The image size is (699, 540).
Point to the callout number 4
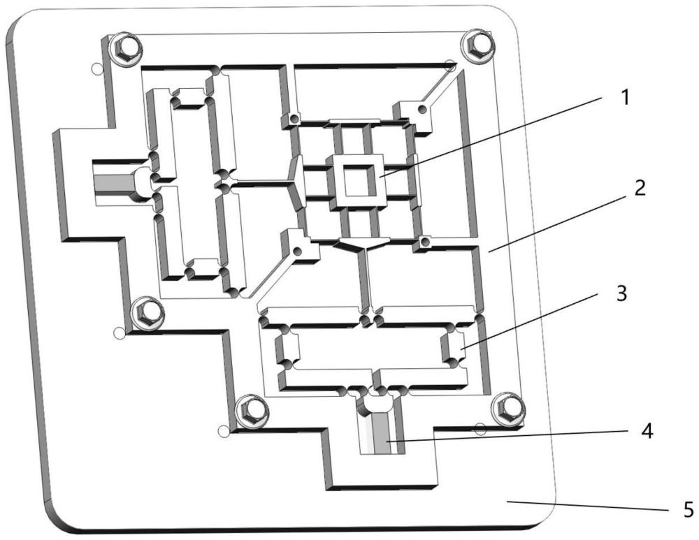pos(647,432)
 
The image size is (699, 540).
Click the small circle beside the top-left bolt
pos(97,68)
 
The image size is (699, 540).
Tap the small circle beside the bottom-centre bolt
pos(224,431)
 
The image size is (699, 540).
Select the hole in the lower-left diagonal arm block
pos(298,249)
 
